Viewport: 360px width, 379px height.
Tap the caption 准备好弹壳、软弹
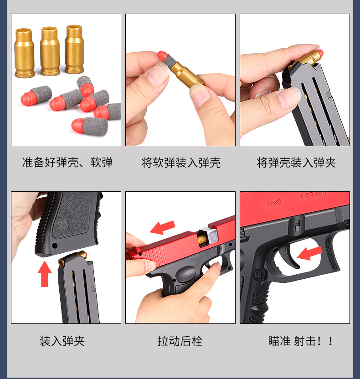click(67, 163)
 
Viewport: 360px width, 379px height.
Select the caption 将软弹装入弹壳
click(181, 163)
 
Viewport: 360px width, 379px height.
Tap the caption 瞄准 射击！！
click(301, 341)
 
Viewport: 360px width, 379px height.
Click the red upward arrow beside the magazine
click(45, 274)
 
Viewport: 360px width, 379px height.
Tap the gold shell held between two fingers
click(189, 75)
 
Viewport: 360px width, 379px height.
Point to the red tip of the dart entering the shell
click(161, 56)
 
